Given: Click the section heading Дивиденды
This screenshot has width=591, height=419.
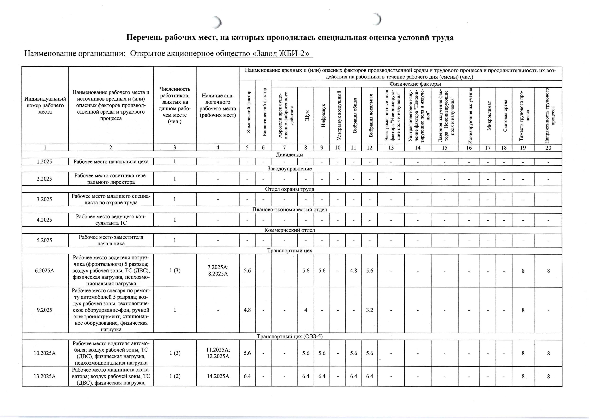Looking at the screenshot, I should pyautogui.click(x=289, y=155).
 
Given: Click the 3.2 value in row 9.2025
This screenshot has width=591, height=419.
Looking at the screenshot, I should pyautogui.click(x=370, y=310).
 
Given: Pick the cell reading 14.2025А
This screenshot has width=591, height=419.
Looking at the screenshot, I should pyautogui.click(x=218, y=376).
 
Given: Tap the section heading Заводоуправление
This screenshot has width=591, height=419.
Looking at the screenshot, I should pyautogui.click(x=289, y=169).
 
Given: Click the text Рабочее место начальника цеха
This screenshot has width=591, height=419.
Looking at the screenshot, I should pyautogui.click(x=111, y=162).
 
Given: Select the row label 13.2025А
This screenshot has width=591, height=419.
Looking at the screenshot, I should pyautogui.click(x=45, y=376).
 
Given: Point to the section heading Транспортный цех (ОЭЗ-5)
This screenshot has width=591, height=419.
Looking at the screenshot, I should pyautogui.click(x=289, y=336).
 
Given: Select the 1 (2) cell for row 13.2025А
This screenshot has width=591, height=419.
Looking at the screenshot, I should pyautogui.click(x=175, y=376).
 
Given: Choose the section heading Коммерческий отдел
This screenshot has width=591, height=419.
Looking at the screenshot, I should pyautogui.click(x=289, y=230).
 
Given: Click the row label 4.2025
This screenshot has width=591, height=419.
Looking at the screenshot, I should pyautogui.click(x=45, y=220).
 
